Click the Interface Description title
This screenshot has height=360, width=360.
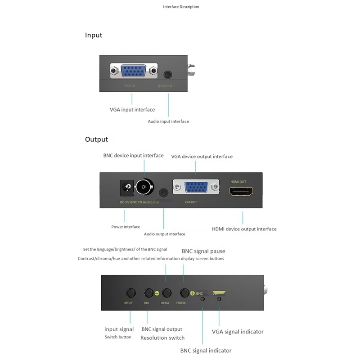pos(181,7)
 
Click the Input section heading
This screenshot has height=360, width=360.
pos(94,35)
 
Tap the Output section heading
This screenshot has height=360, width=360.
pos(96,139)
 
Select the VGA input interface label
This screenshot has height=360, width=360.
pos(132,110)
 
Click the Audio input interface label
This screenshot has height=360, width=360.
pos(168,121)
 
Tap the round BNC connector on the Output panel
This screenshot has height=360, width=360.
pos(144,186)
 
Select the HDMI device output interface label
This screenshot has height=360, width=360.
pos(244,229)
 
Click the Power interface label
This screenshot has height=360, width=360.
pos(126,227)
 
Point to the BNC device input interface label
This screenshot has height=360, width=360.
pos(133,156)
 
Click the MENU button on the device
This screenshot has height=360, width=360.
pos(166,292)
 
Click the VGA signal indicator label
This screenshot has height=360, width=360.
pos(238,332)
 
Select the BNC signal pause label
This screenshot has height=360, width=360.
pos(203,251)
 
